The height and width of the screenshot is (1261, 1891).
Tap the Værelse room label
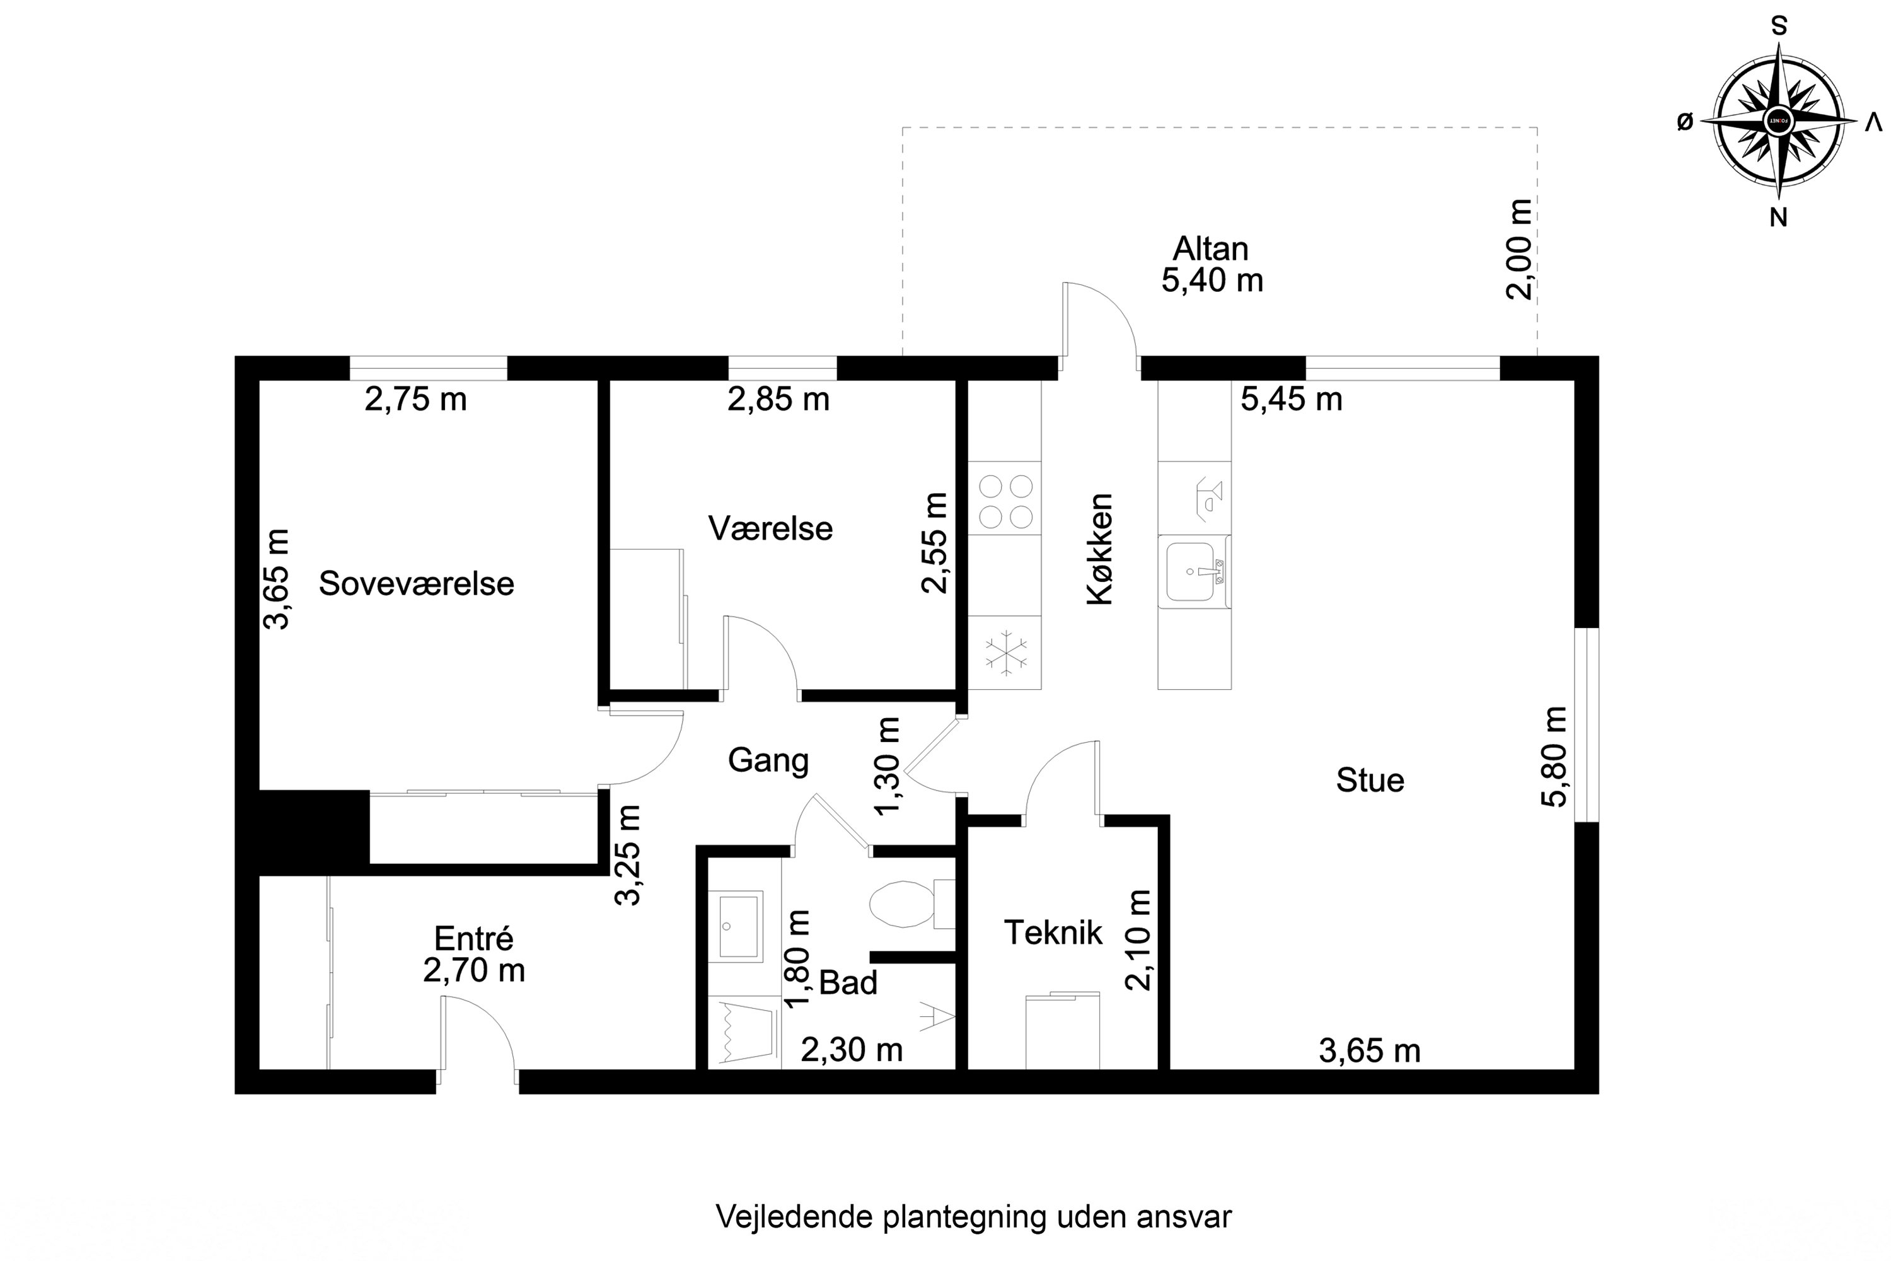770,529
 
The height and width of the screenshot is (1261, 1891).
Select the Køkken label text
1100,549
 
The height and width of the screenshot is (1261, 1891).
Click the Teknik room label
1053,933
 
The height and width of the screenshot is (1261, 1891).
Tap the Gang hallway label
768,760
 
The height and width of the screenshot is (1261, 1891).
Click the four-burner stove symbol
1005,502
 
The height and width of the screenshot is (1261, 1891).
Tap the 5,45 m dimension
1291,400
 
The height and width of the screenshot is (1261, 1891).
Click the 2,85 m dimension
778,400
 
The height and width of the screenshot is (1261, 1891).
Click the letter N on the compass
1778,217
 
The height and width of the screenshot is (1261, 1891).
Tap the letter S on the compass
1779,26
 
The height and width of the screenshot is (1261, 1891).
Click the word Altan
1210,249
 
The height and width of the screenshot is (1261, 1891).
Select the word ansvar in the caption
1184,1217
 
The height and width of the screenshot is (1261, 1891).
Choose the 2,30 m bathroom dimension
852,1050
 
